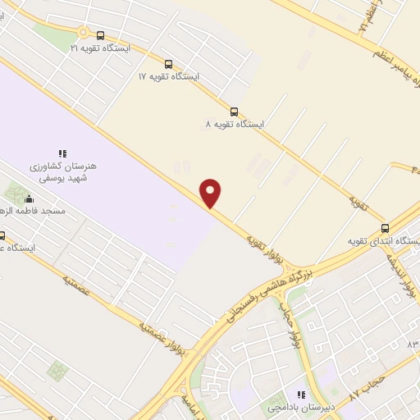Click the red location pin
212,192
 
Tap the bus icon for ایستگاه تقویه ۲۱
100,35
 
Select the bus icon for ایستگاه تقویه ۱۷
168,63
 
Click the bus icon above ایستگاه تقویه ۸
235,112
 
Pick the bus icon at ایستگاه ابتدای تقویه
385,228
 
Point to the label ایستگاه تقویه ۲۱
100,48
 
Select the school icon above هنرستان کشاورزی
62,153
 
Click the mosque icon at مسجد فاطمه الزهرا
30,198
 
